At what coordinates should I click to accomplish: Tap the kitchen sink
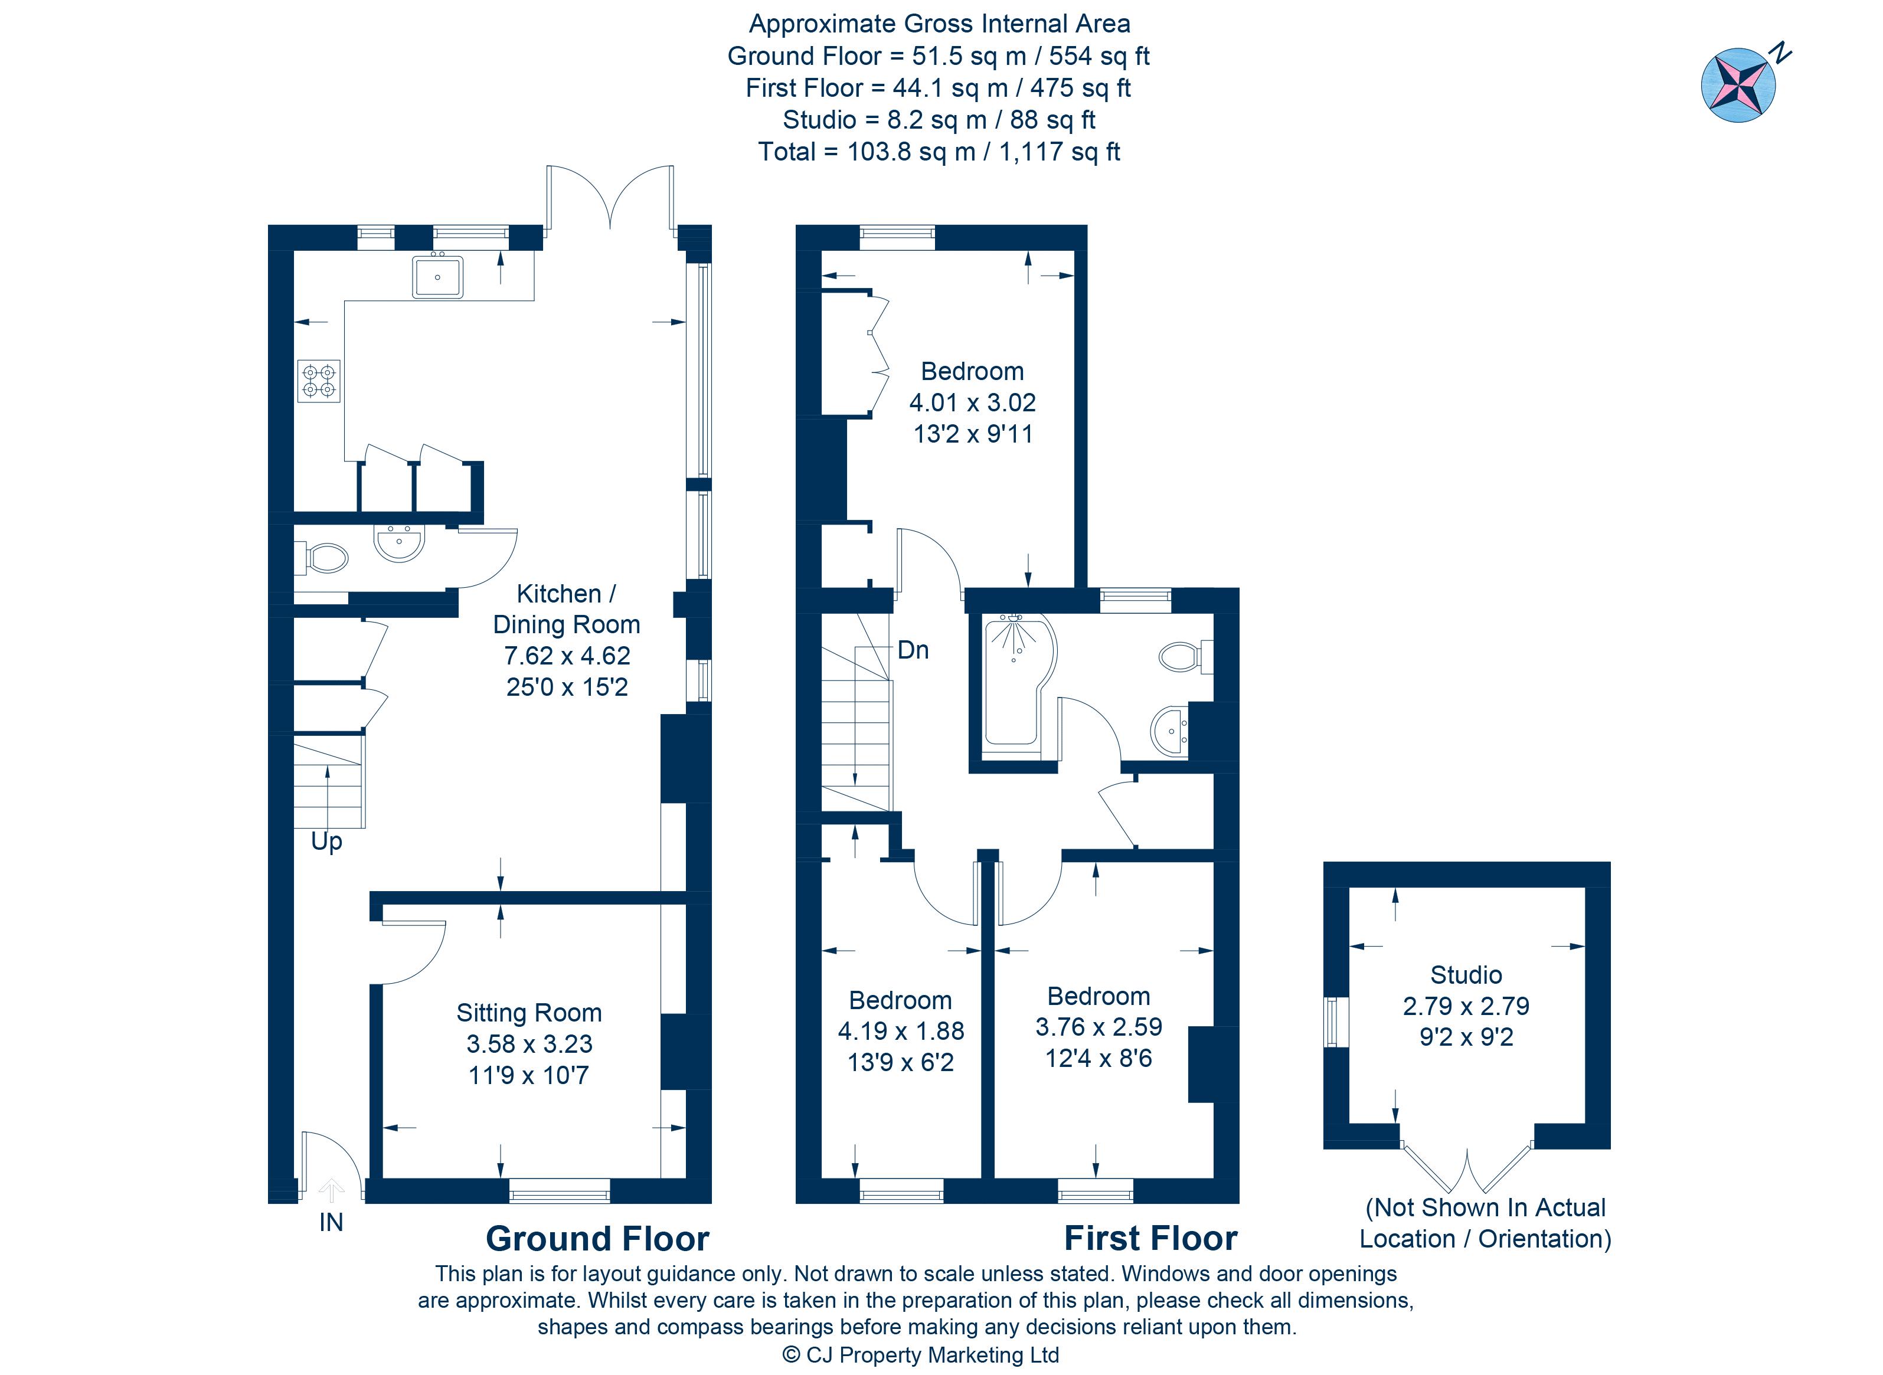click(437, 276)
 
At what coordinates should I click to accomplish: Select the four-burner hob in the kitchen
click(319, 381)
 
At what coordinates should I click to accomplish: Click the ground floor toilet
click(325, 558)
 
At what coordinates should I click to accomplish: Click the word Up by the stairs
click(326, 842)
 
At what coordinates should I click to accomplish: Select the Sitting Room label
click(529, 1012)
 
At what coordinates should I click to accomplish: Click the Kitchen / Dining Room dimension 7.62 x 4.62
click(567, 656)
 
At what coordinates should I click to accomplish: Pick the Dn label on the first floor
click(913, 650)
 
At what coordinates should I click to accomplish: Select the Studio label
click(1466, 975)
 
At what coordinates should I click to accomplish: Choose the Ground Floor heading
click(597, 1239)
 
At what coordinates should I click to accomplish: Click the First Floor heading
click(1150, 1239)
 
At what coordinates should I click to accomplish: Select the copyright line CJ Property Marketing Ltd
click(921, 1355)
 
